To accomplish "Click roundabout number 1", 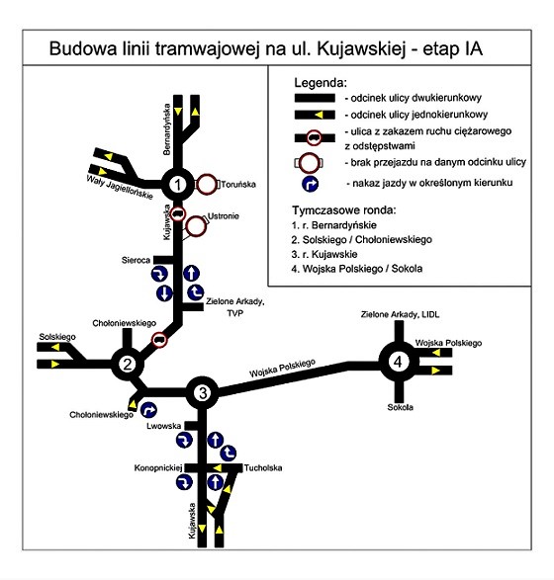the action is pos(178,184).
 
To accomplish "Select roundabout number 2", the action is pos(128,364).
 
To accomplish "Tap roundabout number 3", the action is pos(202,393).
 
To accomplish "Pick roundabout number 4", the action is pos(398,362).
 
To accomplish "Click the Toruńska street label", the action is pos(238,184).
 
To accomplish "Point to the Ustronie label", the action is pos(224,216).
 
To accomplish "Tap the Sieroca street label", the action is pos(136,260).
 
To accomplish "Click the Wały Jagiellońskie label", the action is pos(120,188).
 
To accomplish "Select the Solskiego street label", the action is pos(57,337).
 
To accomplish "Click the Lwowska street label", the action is pos(163,426).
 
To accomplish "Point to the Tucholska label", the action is pos(263,468).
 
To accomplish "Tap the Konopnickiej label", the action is pos(158,468).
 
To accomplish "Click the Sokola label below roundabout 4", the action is pos(401,407).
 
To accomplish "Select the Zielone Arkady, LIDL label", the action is pos(400,314).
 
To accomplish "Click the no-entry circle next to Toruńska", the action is pos(207,184).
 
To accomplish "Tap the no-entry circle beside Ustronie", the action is pos(196,226).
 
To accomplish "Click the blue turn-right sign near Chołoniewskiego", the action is pos(148,410).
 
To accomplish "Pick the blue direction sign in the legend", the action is pos(311,184).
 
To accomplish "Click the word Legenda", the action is pos(321,83).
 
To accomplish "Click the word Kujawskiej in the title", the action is pos(361,49).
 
